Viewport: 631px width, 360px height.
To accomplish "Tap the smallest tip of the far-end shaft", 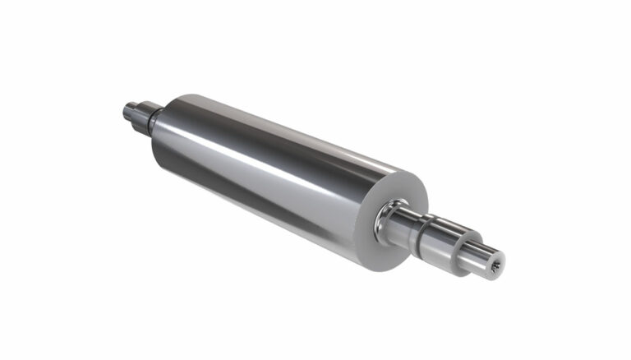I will pyautogui.click(x=130, y=108).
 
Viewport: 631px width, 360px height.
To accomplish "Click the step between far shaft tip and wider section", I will pyautogui.click(x=136, y=108).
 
